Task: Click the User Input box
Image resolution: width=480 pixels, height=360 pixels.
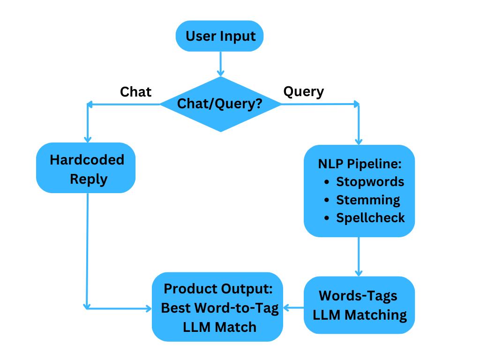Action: pyautogui.click(x=219, y=36)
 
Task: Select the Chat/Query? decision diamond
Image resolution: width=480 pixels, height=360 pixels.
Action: pyautogui.click(x=220, y=104)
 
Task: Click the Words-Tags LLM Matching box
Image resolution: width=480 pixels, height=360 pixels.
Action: pyautogui.click(x=359, y=305)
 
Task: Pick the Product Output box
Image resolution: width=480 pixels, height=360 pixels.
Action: pyautogui.click(x=217, y=307)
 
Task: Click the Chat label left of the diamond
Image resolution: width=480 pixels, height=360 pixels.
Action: pyautogui.click(x=135, y=92)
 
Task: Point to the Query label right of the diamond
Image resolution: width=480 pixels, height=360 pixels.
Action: pyautogui.click(x=303, y=91)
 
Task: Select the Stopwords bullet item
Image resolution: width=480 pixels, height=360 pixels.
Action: pyautogui.click(x=370, y=181)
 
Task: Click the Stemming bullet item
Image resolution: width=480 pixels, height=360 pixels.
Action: pyautogui.click(x=368, y=200)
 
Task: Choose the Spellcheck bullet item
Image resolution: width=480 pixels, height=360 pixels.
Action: pyautogui.click(x=370, y=218)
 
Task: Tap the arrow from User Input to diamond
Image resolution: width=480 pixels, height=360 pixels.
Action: pyautogui.click(x=220, y=63)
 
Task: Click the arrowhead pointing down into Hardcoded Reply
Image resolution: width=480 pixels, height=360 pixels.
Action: pyautogui.click(x=87, y=139)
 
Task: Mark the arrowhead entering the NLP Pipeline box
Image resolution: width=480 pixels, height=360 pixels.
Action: pyautogui.click(x=359, y=141)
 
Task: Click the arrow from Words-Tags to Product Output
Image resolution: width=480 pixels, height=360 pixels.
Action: pyautogui.click(x=293, y=308)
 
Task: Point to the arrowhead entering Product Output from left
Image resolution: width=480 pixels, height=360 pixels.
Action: pyautogui.click(x=149, y=308)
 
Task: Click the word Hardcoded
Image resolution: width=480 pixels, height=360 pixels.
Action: pyautogui.click(x=87, y=160)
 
